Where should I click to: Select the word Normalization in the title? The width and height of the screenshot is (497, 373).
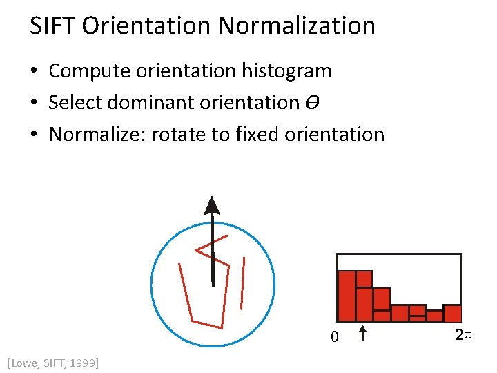coord(297,26)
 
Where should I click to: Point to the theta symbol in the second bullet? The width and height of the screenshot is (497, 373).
coord(311,103)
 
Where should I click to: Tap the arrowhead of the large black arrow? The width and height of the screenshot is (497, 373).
coord(213,205)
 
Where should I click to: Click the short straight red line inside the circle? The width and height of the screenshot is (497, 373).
coord(242,283)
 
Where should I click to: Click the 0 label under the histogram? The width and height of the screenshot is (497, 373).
coord(334,337)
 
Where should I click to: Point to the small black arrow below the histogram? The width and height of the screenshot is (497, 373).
coord(364,334)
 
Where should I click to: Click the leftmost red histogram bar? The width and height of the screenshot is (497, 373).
coord(347,296)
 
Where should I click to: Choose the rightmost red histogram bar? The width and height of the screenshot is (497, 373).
coord(452,313)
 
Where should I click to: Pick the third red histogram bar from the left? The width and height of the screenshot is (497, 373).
coord(382,305)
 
